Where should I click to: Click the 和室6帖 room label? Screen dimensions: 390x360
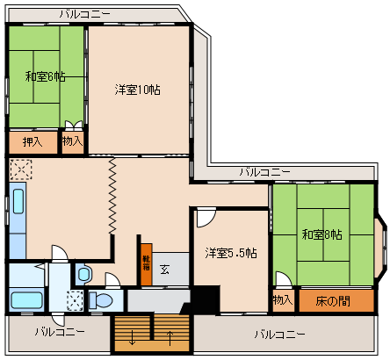46,76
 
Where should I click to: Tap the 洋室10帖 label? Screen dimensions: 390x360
138,90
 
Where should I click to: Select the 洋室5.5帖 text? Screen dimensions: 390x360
231,253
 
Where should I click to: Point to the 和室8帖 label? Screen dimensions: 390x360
322,234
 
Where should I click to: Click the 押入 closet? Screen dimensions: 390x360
33,142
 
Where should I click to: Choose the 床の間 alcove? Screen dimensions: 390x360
336,301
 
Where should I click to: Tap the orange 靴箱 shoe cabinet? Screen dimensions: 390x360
147,264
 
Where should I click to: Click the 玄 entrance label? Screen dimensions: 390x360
164,270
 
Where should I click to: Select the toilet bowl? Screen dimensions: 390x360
101,300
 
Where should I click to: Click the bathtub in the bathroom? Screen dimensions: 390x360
26,300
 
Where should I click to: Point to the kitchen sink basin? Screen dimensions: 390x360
18,201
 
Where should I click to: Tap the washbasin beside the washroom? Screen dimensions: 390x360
83,274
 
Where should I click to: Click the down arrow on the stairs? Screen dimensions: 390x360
132,337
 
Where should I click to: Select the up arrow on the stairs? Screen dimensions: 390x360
170,337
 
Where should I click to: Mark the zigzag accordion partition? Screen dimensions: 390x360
112,196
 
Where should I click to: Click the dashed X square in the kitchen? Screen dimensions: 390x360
21,169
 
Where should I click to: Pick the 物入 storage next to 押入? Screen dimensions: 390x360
73,142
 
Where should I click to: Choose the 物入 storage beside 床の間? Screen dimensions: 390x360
283,300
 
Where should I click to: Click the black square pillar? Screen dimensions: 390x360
206,299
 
